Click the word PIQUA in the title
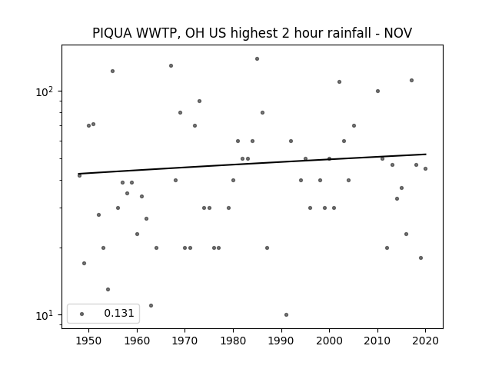point(112,33)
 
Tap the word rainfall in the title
point(351,33)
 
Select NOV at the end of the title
point(398,33)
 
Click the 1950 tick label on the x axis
point(89,341)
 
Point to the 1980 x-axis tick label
point(233,341)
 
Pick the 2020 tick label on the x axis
point(425,341)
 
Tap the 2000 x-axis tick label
point(329,341)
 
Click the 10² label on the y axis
point(45,91)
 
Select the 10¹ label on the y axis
point(45,315)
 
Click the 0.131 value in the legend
point(119,313)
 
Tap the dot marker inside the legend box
point(82,314)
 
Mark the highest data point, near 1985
point(257,58)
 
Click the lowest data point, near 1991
point(286,314)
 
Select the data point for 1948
point(79,175)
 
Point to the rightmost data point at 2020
point(425,169)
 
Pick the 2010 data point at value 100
point(377,91)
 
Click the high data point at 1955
point(113,71)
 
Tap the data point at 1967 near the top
point(171,65)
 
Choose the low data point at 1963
point(151,306)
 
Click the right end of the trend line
point(426,154)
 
